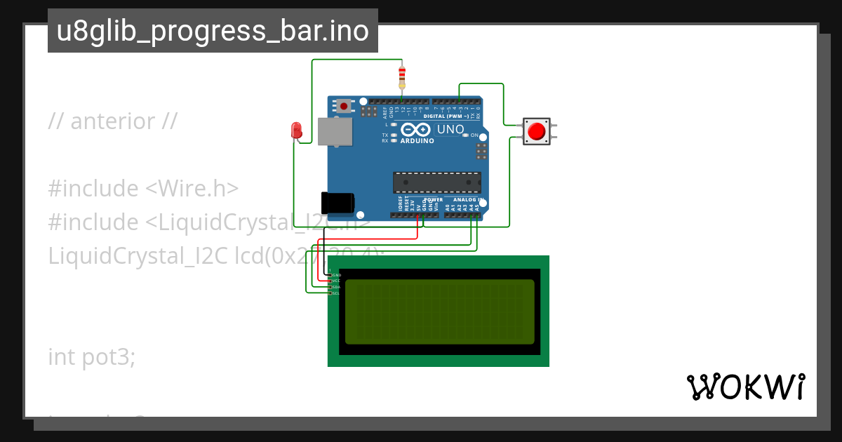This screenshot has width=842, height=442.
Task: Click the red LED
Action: [x=297, y=130]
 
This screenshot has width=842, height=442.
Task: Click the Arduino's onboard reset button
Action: [x=344, y=106]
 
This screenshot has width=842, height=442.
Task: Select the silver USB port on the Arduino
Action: [x=335, y=131]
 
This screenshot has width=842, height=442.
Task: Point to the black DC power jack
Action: [x=337, y=201]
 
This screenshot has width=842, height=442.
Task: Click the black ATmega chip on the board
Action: [x=436, y=182]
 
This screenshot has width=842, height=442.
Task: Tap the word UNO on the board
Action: [x=450, y=130]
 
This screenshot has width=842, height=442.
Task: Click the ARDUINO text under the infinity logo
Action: [x=417, y=141]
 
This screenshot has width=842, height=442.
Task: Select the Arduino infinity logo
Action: [x=417, y=130]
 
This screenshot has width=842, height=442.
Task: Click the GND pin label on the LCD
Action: [x=336, y=275]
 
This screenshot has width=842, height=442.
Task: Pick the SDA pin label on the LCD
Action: [x=336, y=287]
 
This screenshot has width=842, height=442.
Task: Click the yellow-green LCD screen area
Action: [x=440, y=312]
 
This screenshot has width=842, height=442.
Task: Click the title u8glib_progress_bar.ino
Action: [x=213, y=32]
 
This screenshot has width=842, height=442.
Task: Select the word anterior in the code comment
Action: [x=112, y=121]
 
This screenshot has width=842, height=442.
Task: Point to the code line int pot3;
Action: [x=91, y=357]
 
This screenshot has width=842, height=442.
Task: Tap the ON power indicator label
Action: [x=474, y=135]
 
